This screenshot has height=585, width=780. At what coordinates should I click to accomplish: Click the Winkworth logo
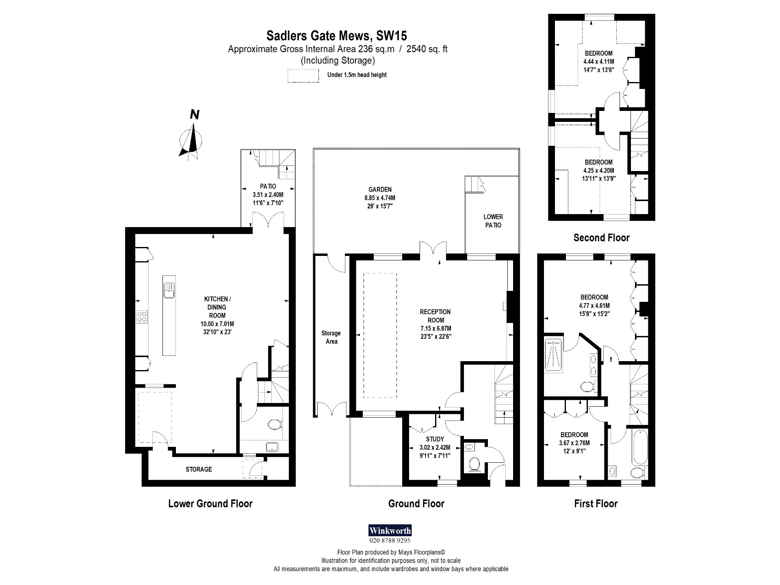pos(390,531)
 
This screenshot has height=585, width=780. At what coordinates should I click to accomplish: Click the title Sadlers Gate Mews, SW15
pos(336,36)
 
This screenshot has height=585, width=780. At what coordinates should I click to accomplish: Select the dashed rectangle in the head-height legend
pos(303,76)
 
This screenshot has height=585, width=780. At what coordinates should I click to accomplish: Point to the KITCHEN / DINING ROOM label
pos(217,307)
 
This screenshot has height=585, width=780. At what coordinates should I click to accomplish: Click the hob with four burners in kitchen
pos(142,316)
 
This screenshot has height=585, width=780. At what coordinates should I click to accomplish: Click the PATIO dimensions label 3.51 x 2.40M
pos(267,195)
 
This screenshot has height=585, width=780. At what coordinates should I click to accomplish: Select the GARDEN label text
pos(380,189)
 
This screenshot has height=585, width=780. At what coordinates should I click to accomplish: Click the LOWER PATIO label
pos(493,221)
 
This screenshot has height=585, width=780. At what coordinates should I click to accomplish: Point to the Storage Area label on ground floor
pos(331,337)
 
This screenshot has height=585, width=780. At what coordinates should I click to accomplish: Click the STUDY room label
pos(435,439)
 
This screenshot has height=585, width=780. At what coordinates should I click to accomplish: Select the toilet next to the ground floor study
pos(474,464)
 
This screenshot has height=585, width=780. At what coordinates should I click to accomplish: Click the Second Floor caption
pos(601,238)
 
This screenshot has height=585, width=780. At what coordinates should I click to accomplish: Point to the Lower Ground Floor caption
pos(210,504)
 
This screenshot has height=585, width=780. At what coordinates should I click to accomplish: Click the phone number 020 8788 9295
pos(390,541)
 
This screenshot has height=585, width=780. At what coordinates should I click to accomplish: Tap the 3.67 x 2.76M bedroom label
pos(574,443)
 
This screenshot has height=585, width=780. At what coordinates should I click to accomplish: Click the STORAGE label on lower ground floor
pos(199,469)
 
